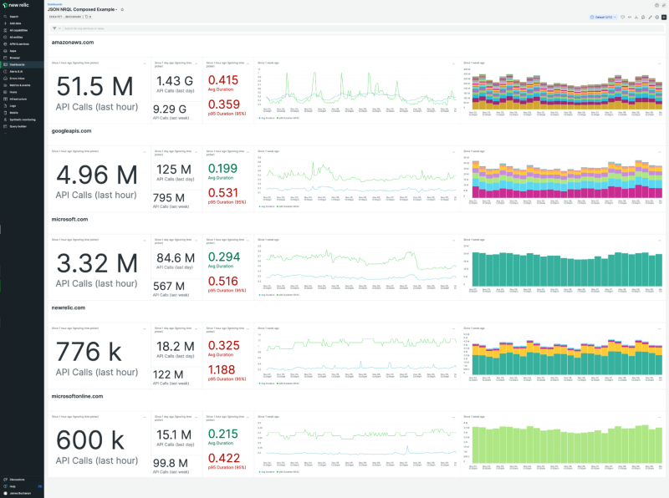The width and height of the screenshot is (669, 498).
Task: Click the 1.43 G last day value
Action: [176, 81]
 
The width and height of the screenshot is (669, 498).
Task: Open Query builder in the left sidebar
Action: [18, 126]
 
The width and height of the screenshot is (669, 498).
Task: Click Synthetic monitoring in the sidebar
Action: [22, 119]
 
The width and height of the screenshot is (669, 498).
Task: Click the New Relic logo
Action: [16, 5]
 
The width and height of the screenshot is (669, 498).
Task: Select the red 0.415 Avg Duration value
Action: [222, 80]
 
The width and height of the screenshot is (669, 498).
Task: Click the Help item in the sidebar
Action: [13, 485]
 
